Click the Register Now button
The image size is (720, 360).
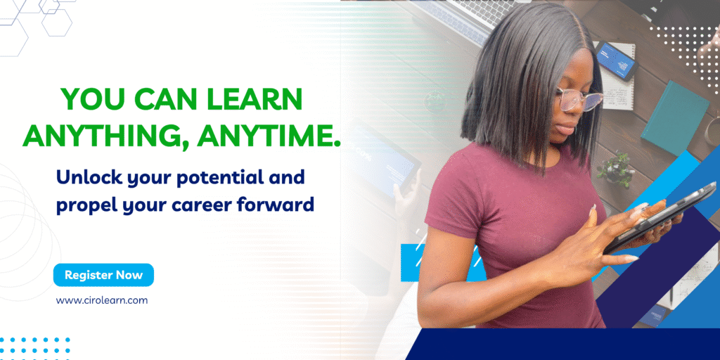103,275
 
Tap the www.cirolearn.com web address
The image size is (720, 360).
102,300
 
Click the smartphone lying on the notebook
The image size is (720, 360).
617,60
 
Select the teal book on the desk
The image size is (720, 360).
675,118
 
